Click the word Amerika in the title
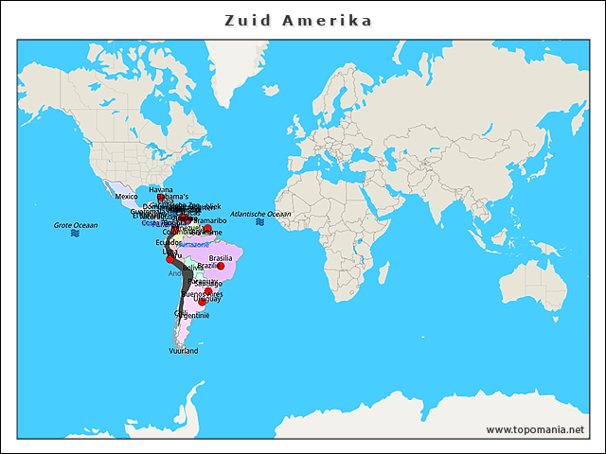(x=327, y=21)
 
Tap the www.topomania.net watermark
(x=535, y=429)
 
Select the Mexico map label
(x=126, y=197)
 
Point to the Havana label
(x=161, y=189)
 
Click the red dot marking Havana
(x=161, y=198)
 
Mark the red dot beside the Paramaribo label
(x=207, y=228)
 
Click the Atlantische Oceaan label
(x=260, y=214)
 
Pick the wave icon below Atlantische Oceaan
(x=259, y=222)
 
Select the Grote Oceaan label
(x=76, y=225)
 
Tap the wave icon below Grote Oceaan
(x=75, y=234)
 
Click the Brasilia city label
(x=221, y=257)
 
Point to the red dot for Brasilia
(x=221, y=266)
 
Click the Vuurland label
(x=184, y=351)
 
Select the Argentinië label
(x=196, y=315)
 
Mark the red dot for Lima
(x=170, y=259)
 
